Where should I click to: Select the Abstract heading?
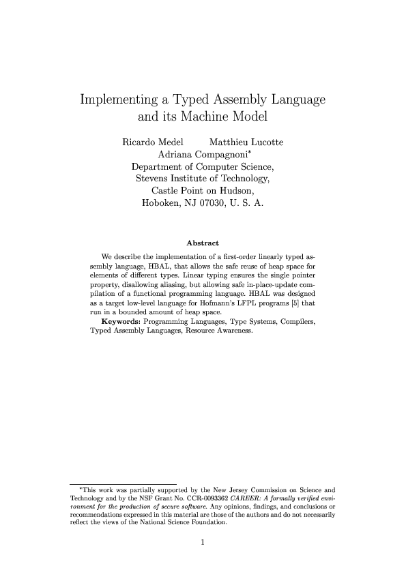click(x=203, y=243)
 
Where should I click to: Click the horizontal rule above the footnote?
click(x=123, y=483)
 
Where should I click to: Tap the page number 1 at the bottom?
click(x=203, y=543)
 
